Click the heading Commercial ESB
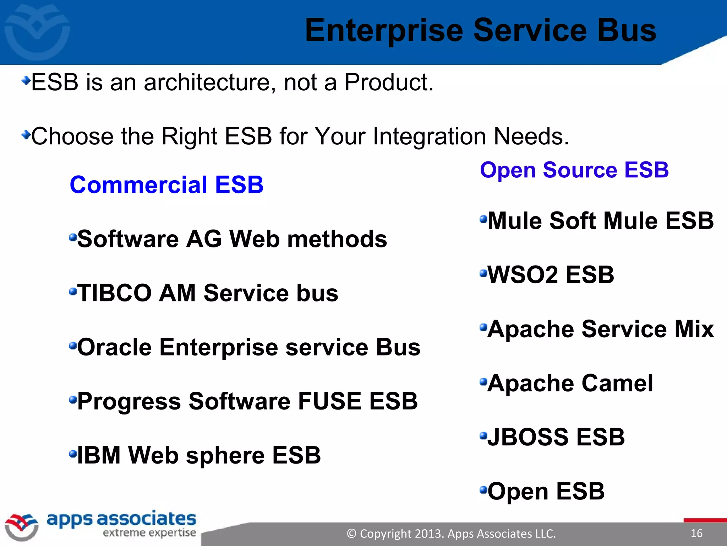click(166, 185)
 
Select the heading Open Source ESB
click(574, 170)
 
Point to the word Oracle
click(114, 347)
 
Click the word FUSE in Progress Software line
click(329, 401)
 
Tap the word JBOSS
click(528, 437)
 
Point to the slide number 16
click(696, 533)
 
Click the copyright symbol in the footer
click(351, 534)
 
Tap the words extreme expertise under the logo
click(149, 533)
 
